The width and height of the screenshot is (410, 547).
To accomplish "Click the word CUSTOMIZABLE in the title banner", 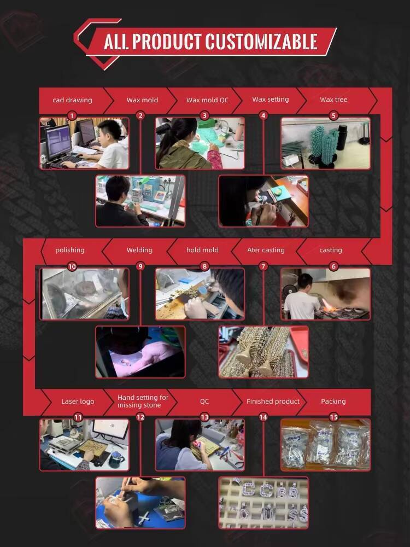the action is coord(261,42).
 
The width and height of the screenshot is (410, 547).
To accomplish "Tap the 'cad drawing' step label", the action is coord(72,100).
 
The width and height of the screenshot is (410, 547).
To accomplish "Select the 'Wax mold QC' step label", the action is coord(207,100).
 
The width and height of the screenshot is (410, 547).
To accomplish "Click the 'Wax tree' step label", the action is coord(333,100).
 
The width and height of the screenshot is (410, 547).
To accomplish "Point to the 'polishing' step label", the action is coord(70,250).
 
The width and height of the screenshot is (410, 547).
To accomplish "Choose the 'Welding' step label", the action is coord(139,250).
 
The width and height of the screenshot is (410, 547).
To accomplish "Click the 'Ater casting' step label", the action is coord(266,250).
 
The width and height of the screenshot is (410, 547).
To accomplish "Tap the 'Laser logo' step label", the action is coord(78,401).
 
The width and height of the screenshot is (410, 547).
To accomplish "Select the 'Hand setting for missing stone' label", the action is coord(143,401).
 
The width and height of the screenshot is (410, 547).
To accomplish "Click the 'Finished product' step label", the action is coord(273,401).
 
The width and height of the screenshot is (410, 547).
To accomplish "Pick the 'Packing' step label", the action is coord(333,401).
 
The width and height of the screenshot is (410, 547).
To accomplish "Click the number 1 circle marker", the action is coord(72,115).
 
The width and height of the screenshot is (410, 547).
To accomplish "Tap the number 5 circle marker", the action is coord(333,115).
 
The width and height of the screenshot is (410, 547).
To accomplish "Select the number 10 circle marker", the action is coord(72,266).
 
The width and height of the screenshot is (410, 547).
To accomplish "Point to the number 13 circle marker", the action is coord(204,417).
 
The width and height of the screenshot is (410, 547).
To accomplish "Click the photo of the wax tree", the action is coord(326,143).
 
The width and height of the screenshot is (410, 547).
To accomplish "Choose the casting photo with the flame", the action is coord(326,294).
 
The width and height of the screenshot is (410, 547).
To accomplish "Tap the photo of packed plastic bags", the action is coord(326,445).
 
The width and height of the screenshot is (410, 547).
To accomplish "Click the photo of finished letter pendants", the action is coord(263,503).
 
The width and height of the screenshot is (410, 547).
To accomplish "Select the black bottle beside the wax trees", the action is coord(342,137).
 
